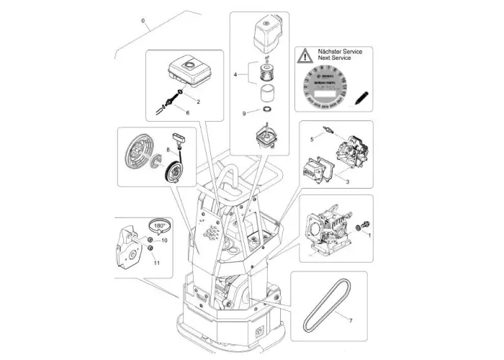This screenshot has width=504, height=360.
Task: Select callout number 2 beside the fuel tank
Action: tap(188, 102)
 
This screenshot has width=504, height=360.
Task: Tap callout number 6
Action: tap(188, 114)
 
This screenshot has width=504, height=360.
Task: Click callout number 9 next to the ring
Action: tap(246, 113)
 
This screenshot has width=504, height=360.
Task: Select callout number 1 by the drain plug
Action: tap(369, 235)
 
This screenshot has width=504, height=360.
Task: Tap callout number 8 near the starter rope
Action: tap(168, 149)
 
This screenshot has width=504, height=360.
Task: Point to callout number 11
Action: tap(156, 264)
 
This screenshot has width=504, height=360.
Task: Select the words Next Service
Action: tap(340, 60)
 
